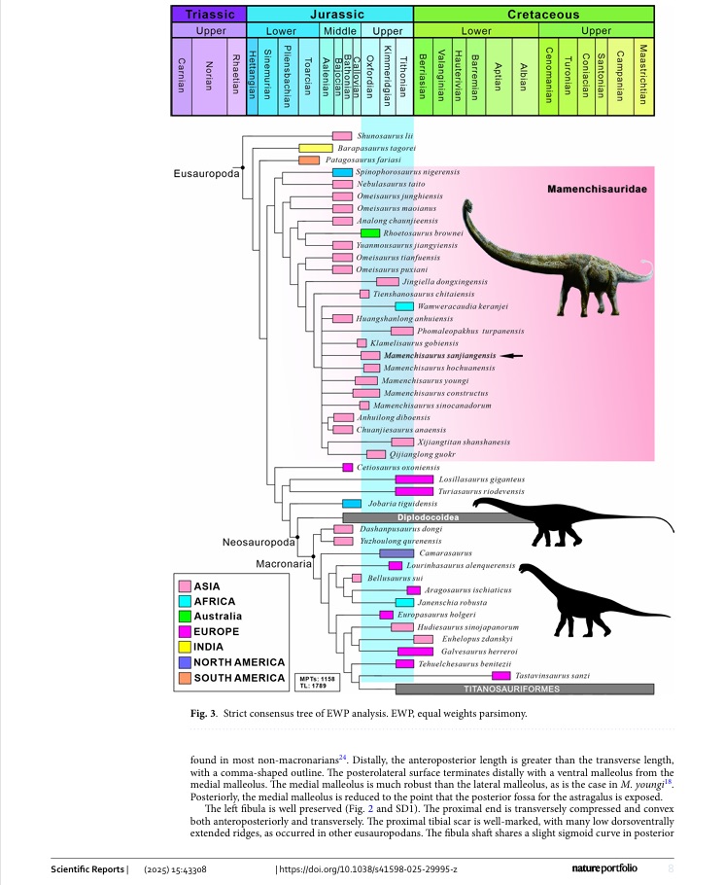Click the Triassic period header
[209, 15]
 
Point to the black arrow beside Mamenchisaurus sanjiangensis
[511, 356]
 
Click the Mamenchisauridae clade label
[593, 189]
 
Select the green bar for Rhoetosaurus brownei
[369, 233]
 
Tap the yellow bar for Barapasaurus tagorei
[316, 148]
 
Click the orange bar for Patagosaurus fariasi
[309, 159]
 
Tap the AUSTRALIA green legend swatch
[184, 617]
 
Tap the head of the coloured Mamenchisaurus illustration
[468, 207]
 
